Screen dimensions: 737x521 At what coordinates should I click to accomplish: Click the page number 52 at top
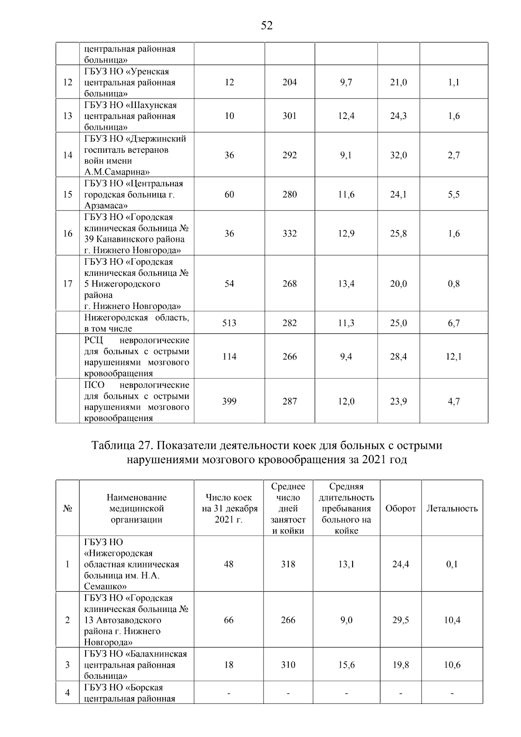tap(267, 26)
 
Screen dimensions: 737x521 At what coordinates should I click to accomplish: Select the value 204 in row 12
tap(290, 82)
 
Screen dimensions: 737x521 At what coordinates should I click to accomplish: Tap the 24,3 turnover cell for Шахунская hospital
tap(398, 116)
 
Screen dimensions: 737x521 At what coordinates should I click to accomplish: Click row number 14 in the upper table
tap(67, 155)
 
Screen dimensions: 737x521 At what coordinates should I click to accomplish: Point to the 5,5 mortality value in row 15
tap(454, 194)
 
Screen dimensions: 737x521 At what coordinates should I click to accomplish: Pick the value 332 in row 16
tap(290, 234)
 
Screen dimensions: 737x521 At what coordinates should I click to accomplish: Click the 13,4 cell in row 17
tap(346, 283)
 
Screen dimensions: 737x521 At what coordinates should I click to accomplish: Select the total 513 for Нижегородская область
tap(229, 323)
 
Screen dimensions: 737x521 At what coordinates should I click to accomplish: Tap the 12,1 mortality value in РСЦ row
tap(454, 356)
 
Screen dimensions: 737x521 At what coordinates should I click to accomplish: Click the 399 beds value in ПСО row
tap(229, 401)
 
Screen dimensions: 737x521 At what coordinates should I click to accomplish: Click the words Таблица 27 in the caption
tap(119, 446)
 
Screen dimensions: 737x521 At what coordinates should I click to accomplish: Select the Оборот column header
tap(400, 508)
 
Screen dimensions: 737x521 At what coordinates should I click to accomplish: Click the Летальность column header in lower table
tap(452, 508)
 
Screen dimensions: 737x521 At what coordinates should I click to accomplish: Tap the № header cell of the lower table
tap(67, 508)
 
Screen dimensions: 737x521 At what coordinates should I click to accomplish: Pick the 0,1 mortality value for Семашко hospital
tap(452, 564)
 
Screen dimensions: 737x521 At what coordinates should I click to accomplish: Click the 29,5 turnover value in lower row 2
tap(400, 620)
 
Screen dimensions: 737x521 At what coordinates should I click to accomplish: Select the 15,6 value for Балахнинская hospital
tap(346, 665)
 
